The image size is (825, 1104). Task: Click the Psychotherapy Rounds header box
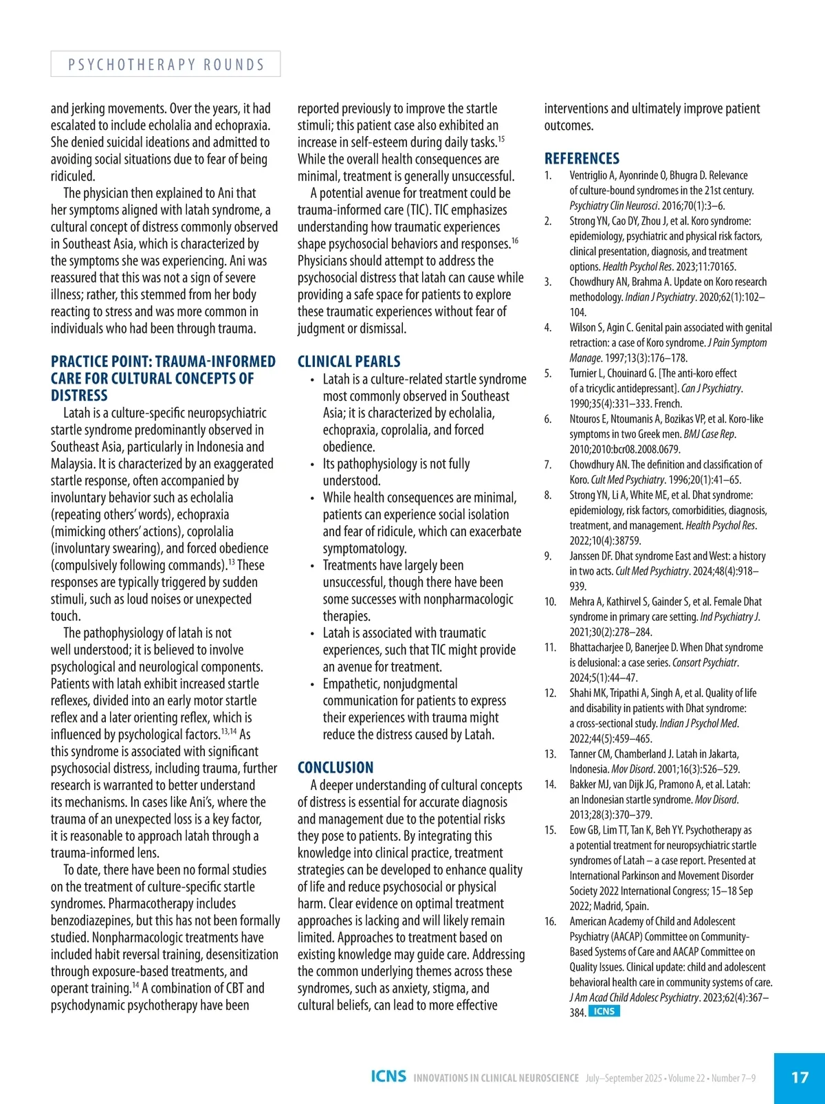[x=166, y=64]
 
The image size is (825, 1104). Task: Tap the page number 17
[x=800, y=1077]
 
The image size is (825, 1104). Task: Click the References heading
[x=582, y=158]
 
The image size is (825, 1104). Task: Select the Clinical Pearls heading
[x=349, y=362]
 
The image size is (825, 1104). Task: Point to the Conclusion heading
[x=335, y=768]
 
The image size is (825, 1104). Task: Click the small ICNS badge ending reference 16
[x=604, y=1011]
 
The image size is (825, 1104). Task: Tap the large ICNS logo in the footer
[x=388, y=1077]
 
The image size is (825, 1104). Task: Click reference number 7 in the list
[x=548, y=465]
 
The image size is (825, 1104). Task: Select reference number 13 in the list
[x=550, y=754]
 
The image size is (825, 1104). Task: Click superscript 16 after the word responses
[x=515, y=241]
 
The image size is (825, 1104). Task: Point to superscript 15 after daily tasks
[x=501, y=139]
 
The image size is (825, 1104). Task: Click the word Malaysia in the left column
[x=72, y=464]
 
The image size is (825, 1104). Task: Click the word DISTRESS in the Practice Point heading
[x=79, y=396]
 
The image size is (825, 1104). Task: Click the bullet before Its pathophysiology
[x=312, y=465]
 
